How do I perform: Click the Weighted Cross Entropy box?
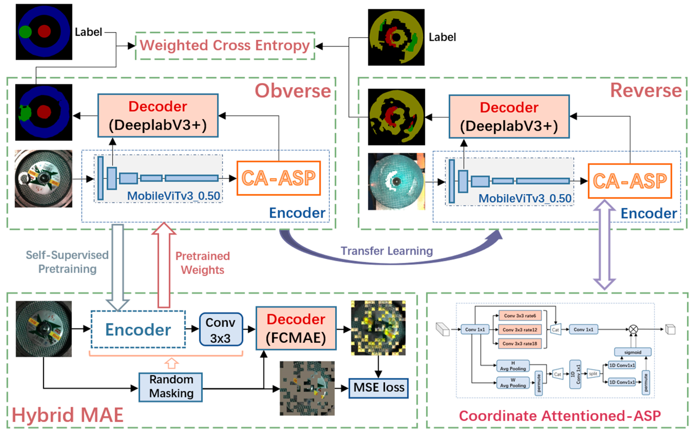(x=225, y=46)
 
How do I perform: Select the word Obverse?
(x=293, y=91)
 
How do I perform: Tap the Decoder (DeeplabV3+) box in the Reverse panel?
(x=509, y=116)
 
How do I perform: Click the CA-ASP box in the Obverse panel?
(x=278, y=178)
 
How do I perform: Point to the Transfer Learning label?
(x=386, y=251)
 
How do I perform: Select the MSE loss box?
(x=379, y=388)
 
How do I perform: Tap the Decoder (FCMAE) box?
(x=296, y=328)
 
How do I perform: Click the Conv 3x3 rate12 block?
(x=520, y=330)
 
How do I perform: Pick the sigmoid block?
(x=632, y=352)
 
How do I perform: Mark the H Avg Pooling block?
(x=513, y=366)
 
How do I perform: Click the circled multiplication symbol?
(x=633, y=329)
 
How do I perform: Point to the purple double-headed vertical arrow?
(x=604, y=245)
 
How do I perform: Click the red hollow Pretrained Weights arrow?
(x=164, y=265)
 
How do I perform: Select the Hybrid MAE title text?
(x=68, y=415)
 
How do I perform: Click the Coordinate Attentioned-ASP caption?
(x=559, y=416)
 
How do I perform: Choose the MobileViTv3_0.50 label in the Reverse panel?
(x=524, y=199)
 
